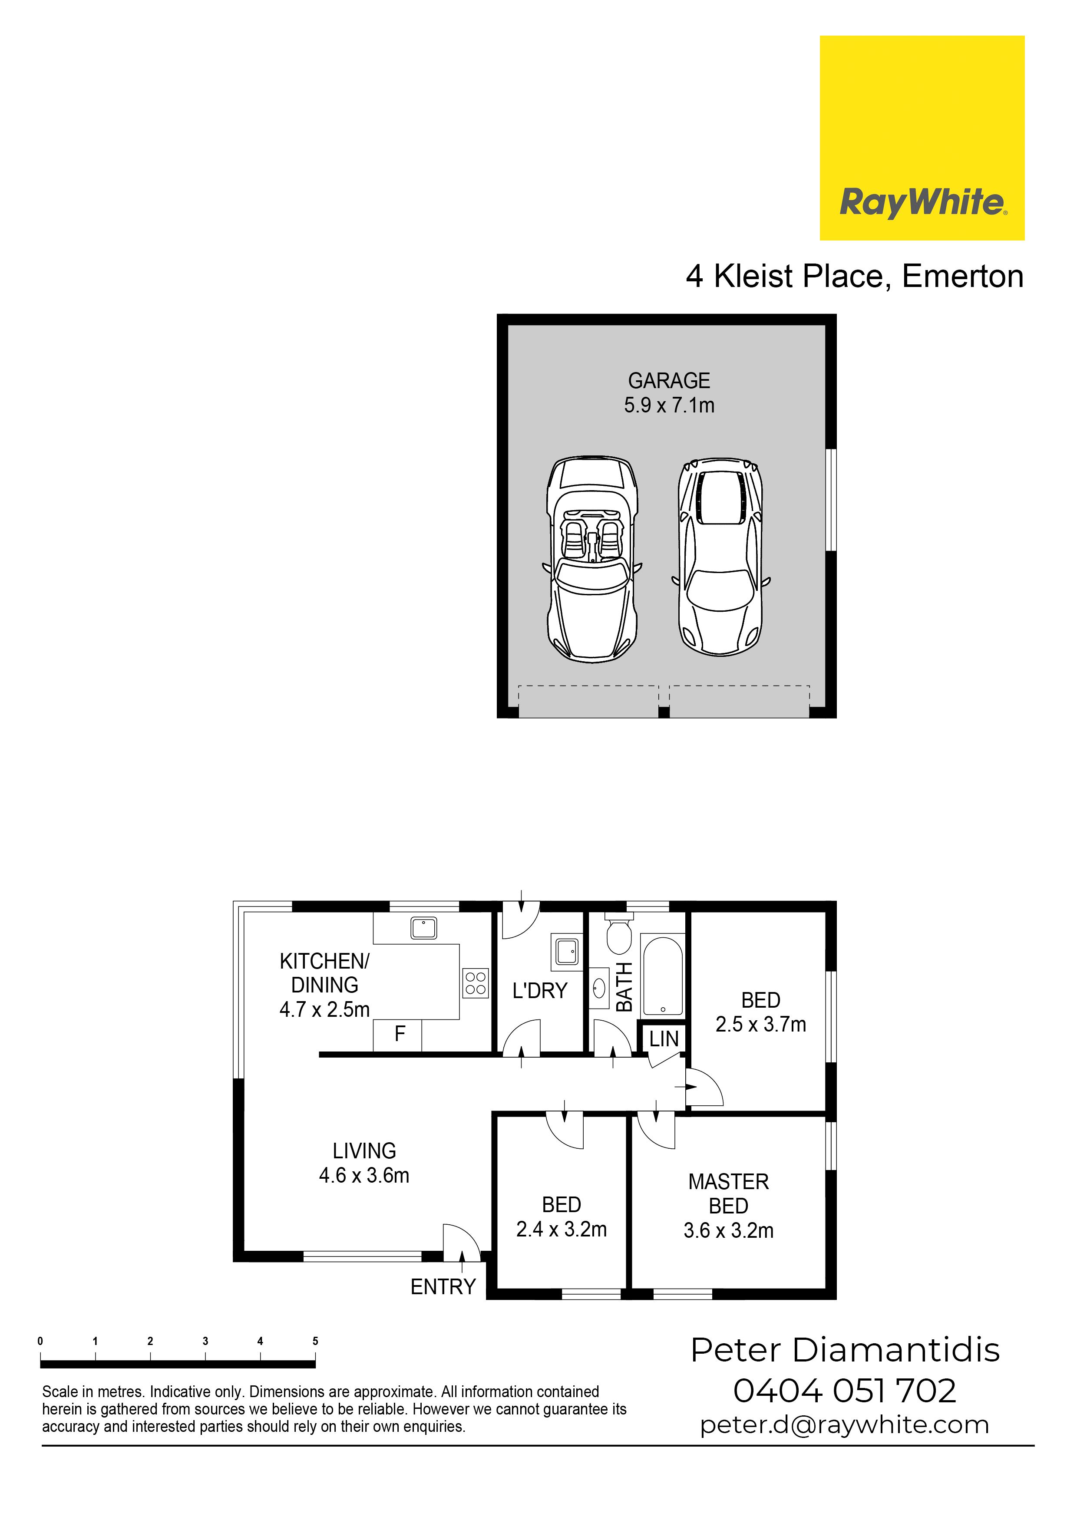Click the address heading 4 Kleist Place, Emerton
tap(855, 276)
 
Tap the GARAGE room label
tap(669, 381)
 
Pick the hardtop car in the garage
tap(720, 557)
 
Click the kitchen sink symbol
tap(423, 927)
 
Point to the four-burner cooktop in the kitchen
tap(475, 983)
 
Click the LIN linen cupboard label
tap(664, 1039)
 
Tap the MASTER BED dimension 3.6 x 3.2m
tap(729, 1230)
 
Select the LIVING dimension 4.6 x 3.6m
tap(363, 1175)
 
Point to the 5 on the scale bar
tap(315, 1341)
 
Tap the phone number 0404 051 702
tap(845, 1391)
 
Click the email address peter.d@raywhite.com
tap(845, 1425)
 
